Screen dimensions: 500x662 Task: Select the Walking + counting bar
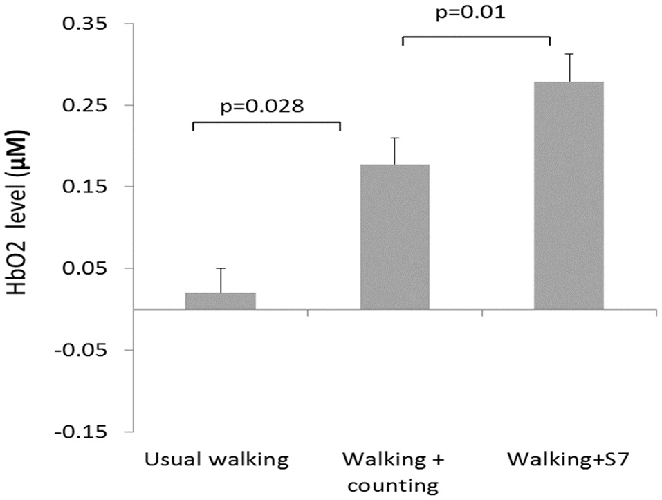pyautogui.click(x=395, y=237)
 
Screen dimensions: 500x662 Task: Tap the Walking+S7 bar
pyautogui.click(x=569, y=196)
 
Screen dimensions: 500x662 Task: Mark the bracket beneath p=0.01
pyautogui.click(x=476, y=39)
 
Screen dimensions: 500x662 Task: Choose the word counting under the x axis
pyautogui.click(x=393, y=484)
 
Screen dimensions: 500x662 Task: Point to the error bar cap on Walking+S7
pyautogui.click(x=569, y=54)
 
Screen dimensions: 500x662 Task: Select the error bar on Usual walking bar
pyautogui.click(x=221, y=279)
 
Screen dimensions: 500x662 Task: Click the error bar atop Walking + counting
pyautogui.click(x=395, y=150)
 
